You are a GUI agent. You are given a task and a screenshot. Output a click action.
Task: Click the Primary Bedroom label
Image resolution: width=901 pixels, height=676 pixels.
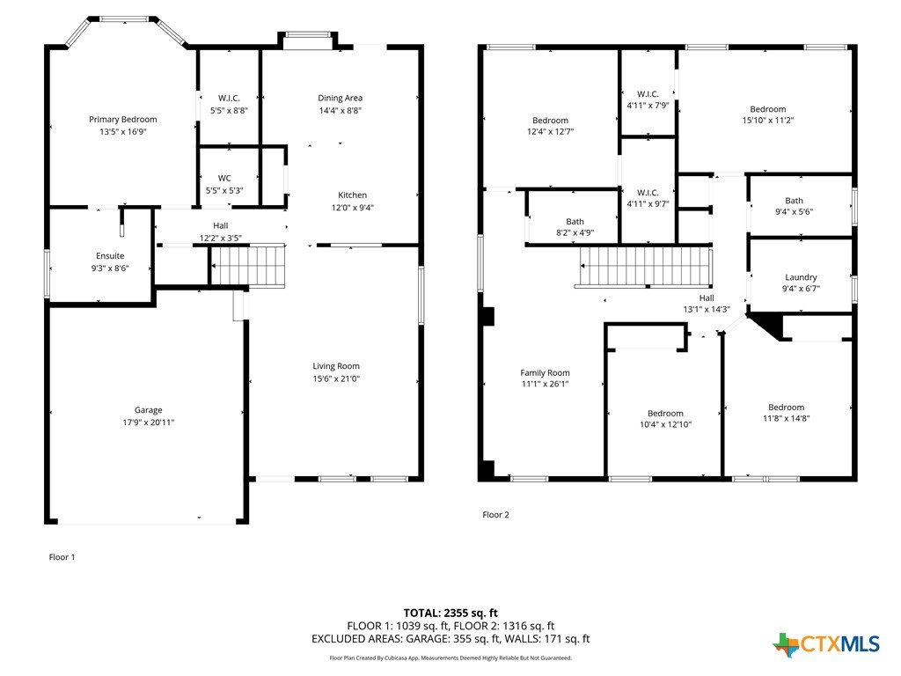(122, 120)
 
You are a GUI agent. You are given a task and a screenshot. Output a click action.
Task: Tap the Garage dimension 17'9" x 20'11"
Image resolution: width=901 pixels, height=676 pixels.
(148, 422)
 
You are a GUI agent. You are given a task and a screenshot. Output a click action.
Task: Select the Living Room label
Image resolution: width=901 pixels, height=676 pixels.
(336, 366)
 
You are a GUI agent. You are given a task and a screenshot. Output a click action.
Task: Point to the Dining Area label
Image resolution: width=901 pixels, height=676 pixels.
(341, 99)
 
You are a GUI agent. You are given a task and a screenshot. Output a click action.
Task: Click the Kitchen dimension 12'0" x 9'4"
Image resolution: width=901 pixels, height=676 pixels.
(352, 208)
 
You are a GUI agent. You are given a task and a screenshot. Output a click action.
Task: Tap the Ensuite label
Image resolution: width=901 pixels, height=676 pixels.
(110, 256)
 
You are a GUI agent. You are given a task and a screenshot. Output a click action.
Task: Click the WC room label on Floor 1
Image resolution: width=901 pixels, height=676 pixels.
(224, 178)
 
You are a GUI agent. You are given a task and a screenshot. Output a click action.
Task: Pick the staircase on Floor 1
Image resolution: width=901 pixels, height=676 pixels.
(248, 266)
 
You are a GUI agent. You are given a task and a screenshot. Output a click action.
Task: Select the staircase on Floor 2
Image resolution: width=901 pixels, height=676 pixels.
(644, 267)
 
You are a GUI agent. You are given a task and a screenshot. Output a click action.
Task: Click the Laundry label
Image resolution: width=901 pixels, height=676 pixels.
(801, 277)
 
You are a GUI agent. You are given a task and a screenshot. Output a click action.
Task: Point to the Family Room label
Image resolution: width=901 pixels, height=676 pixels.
(545, 373)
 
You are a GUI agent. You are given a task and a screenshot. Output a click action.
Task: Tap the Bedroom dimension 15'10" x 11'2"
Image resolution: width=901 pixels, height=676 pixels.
(767, 120)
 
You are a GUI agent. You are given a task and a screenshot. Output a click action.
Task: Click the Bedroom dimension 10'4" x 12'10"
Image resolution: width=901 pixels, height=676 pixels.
(665, 425)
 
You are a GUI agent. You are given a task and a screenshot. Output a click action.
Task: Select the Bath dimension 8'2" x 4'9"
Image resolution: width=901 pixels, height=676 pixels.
(575, 232)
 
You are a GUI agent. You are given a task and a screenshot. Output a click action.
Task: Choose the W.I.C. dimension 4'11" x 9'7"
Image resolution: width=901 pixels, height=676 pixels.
(648, 203)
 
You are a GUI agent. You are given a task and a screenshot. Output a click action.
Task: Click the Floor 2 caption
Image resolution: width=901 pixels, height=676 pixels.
(495, 515)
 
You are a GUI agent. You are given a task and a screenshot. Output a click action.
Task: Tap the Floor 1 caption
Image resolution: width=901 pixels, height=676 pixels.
(62, 557)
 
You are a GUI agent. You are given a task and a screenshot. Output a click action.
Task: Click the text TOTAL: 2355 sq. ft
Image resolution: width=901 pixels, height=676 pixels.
(450, 613)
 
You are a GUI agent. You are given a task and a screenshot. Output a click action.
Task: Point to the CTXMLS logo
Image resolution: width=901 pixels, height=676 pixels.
(826, 645)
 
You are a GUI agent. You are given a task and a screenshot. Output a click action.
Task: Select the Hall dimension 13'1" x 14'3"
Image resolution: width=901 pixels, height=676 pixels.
(707, 309)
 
